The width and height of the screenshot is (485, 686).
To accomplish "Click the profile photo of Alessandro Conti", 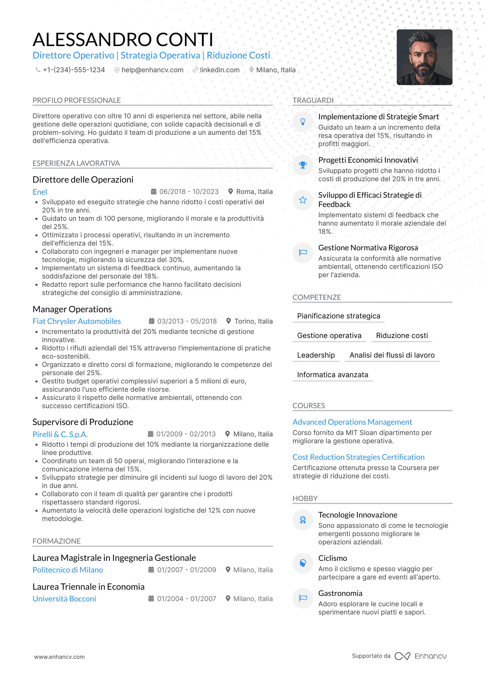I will click(424, 57).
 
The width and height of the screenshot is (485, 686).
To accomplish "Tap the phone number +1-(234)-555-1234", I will click(74, 70).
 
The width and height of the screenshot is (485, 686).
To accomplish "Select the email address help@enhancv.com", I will click(152, 70).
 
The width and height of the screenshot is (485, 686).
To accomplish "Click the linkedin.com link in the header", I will click(219, 70).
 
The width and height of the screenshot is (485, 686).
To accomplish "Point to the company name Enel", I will click(40, 192).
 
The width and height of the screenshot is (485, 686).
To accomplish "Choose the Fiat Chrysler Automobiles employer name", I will click(77, 322).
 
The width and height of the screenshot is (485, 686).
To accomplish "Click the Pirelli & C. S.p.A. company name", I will click(60, 434).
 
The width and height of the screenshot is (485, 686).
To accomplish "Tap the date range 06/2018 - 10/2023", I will click(189, 192).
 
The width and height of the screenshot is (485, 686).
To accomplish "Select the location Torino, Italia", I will click(253, 322).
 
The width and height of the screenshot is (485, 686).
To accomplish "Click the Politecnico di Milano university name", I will click(68, 570).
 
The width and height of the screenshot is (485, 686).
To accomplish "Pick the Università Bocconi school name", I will click(64, 599).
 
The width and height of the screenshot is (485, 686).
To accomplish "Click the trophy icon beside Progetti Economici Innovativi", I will click(303, 165).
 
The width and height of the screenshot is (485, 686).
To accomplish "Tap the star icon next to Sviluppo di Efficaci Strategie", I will click(303, 200).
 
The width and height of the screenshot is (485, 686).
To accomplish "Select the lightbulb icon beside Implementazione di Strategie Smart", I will click(303, 122).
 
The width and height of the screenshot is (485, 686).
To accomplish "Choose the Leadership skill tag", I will click(316, 355).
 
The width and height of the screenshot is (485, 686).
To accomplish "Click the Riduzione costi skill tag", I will click(402, 336).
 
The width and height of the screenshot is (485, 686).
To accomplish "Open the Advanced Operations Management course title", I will click(352, 422).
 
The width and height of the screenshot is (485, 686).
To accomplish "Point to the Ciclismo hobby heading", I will click(333, 558).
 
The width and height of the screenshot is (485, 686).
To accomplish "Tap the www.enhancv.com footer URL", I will click(59, 657).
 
